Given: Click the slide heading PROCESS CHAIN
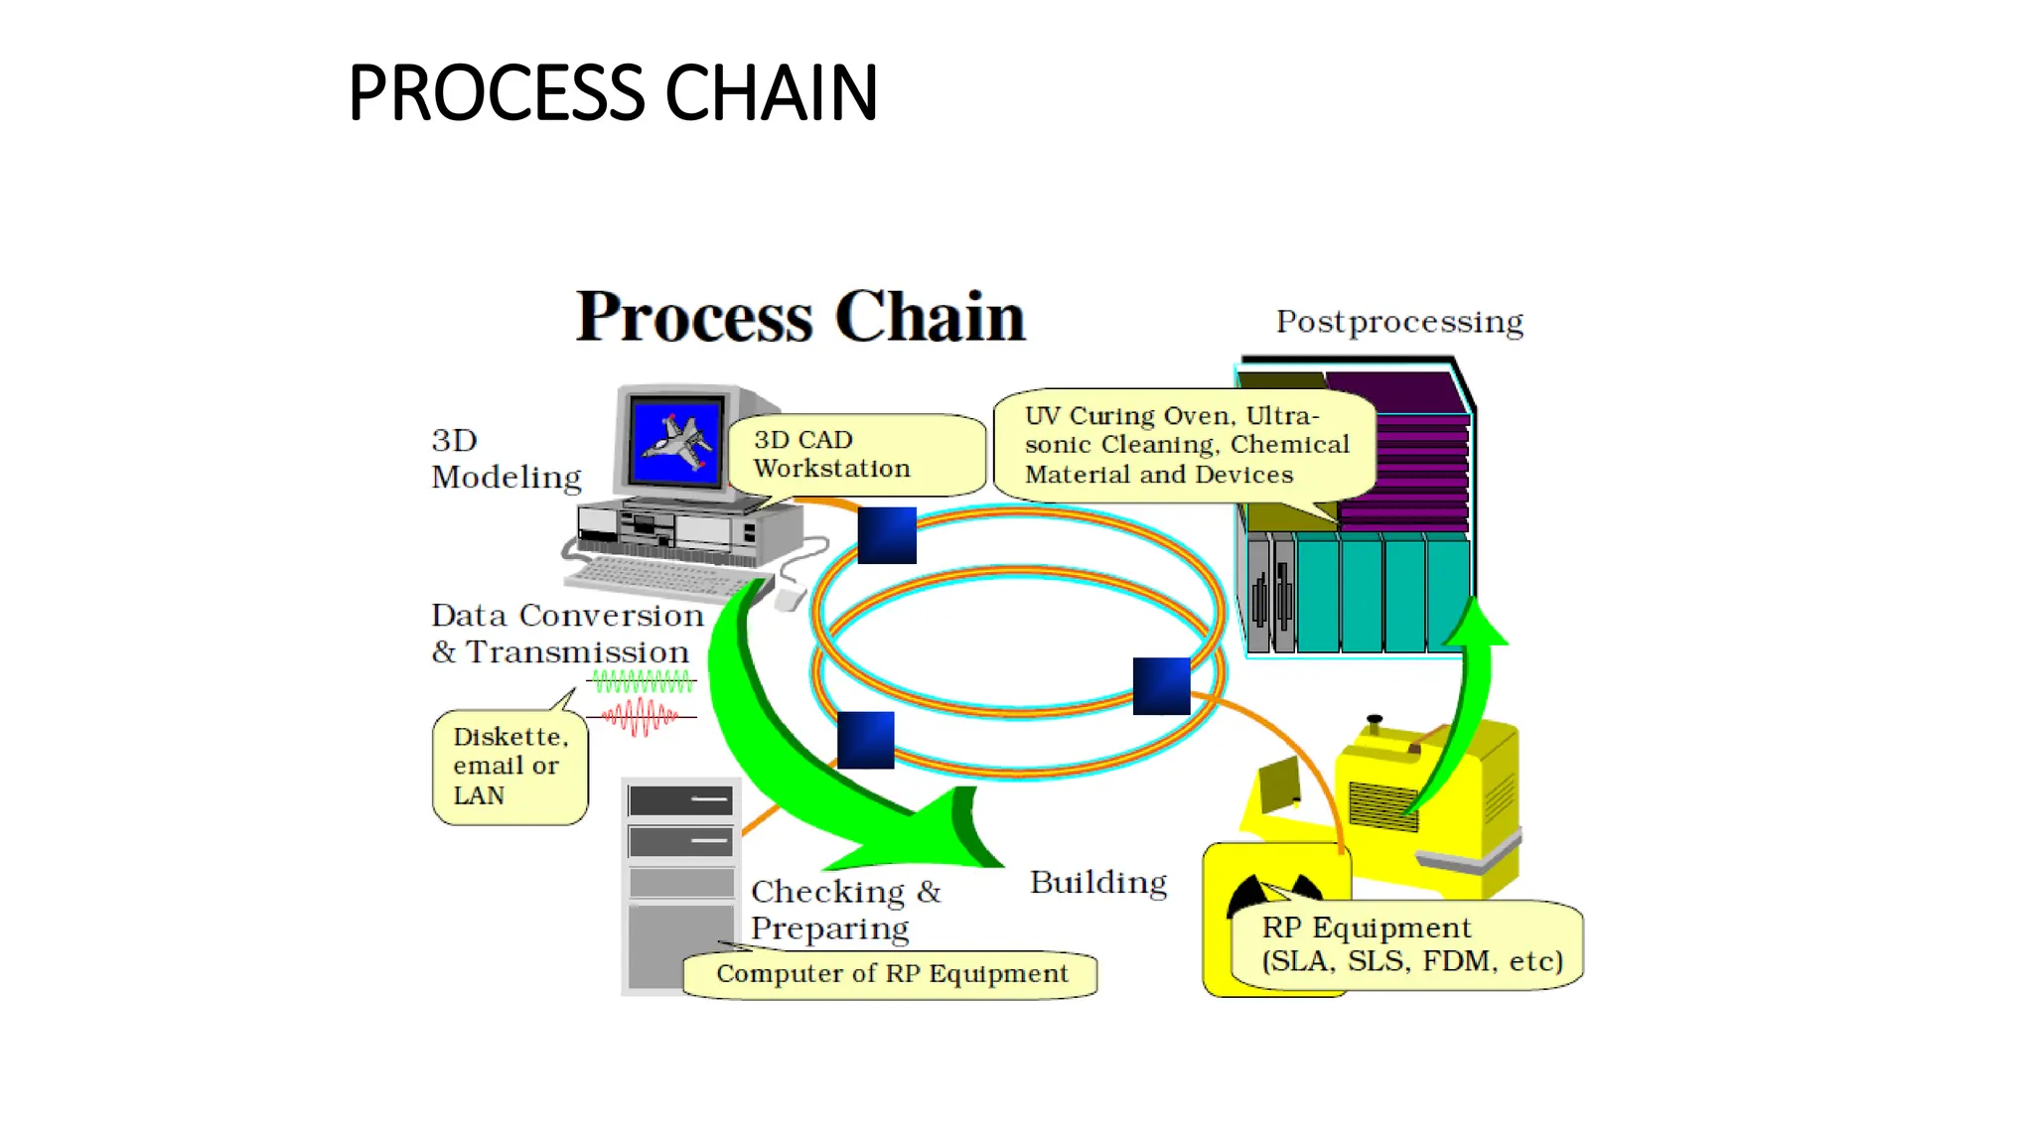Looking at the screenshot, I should coord(613,92).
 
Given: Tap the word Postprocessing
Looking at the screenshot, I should coord(1398,322).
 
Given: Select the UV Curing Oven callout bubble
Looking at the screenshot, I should coord(1186,445).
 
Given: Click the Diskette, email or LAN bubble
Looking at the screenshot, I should coord(509,766).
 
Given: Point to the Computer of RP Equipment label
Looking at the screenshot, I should coord(891,974).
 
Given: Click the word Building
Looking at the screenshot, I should coord(1097,883).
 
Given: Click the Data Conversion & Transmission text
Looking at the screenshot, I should coord(566,634).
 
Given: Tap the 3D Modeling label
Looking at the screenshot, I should coord(506,459).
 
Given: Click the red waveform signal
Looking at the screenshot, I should coord(641,716).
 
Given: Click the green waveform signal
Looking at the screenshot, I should coord(643,681).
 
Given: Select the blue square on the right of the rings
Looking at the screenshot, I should coord(1161,686).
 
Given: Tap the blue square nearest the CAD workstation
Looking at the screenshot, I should coord(886,535).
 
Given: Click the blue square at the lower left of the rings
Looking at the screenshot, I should coord(865,740).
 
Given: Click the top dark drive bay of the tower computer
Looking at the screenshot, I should coord(680,800).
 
